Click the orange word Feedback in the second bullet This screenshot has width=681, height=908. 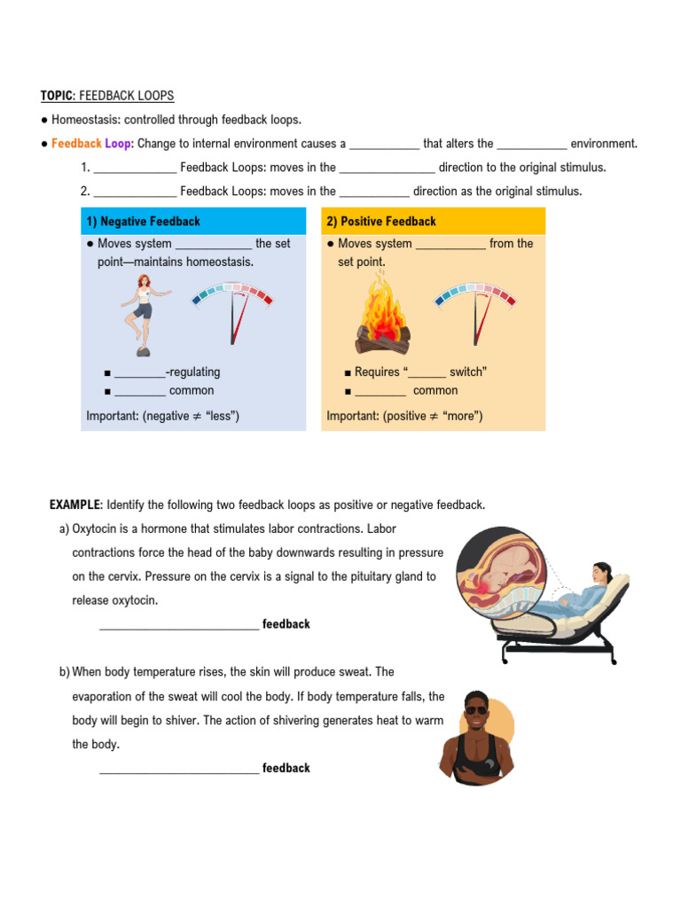[x=76, y=144]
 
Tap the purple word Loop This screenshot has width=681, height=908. [x=118, y=144]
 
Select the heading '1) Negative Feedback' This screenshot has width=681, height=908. [x=143, y=222]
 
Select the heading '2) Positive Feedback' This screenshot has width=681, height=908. [x=381, y=222]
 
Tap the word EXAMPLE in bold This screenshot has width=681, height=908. [x=76, y=505]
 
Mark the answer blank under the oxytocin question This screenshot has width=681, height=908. [x=179, y=626]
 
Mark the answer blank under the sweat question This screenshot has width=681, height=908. [x=179, y=770]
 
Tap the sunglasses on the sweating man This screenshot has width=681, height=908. [x=476, y=709]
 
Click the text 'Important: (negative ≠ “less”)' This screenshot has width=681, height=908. [x=163, y=416]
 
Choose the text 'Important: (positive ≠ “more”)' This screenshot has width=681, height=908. [x=404, y=416]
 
